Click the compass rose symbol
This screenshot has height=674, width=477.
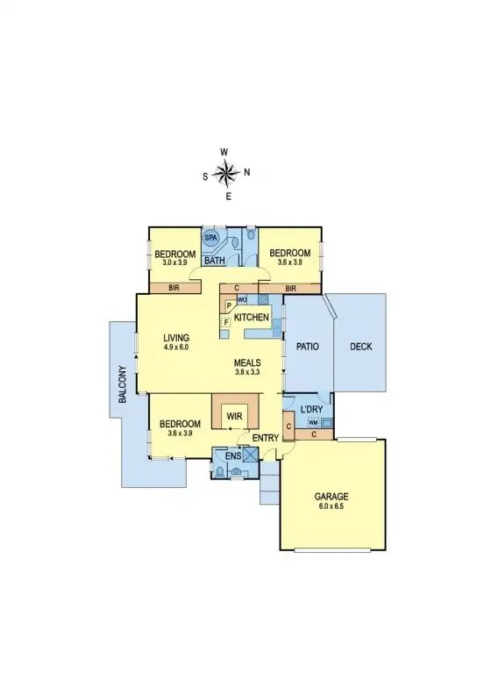pos(226,173)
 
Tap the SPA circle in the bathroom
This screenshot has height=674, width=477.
pos(211,238)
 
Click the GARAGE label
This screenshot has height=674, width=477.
pos(331,497)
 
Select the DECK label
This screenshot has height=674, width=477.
pos(361,347)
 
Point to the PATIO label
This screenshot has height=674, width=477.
pos(307,347)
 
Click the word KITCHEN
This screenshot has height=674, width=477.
pos(251,316)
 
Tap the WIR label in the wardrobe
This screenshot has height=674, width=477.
pos(234,414)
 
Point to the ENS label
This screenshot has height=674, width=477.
pos(233,457)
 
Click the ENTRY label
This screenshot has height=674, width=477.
pos(265,438)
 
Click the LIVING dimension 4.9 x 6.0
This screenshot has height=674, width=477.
pos(177,348)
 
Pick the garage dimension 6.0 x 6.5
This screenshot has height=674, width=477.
pos(331,507)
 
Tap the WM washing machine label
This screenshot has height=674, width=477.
pos(312,423)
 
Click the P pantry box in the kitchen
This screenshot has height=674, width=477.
pos(229,306)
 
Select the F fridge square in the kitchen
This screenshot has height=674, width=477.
pos(226,322)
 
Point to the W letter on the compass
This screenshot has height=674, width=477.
pos(224,152)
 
